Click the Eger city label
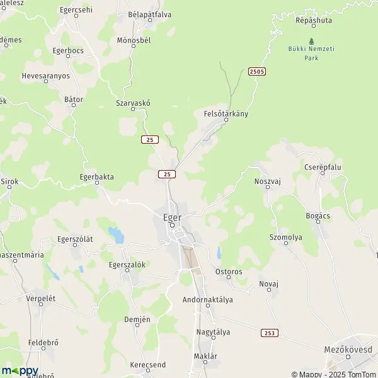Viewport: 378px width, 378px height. (x=172, y=217)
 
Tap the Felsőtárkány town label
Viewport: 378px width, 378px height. (x=226, y=114)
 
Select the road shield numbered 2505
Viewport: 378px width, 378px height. (x=256, y=72)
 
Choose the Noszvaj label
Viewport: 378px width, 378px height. (x=266, y=180)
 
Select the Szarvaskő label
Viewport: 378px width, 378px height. (x=134, y=103)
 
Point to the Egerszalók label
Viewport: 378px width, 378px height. (x=127, y=265)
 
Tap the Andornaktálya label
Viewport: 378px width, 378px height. (x=207, y=300)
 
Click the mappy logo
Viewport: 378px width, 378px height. (x=20, y=370)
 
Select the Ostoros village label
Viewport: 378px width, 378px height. (x=229, y=272)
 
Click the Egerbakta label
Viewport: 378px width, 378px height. (x=97, y=177)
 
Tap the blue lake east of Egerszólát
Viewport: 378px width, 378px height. (x=117, y=236)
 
